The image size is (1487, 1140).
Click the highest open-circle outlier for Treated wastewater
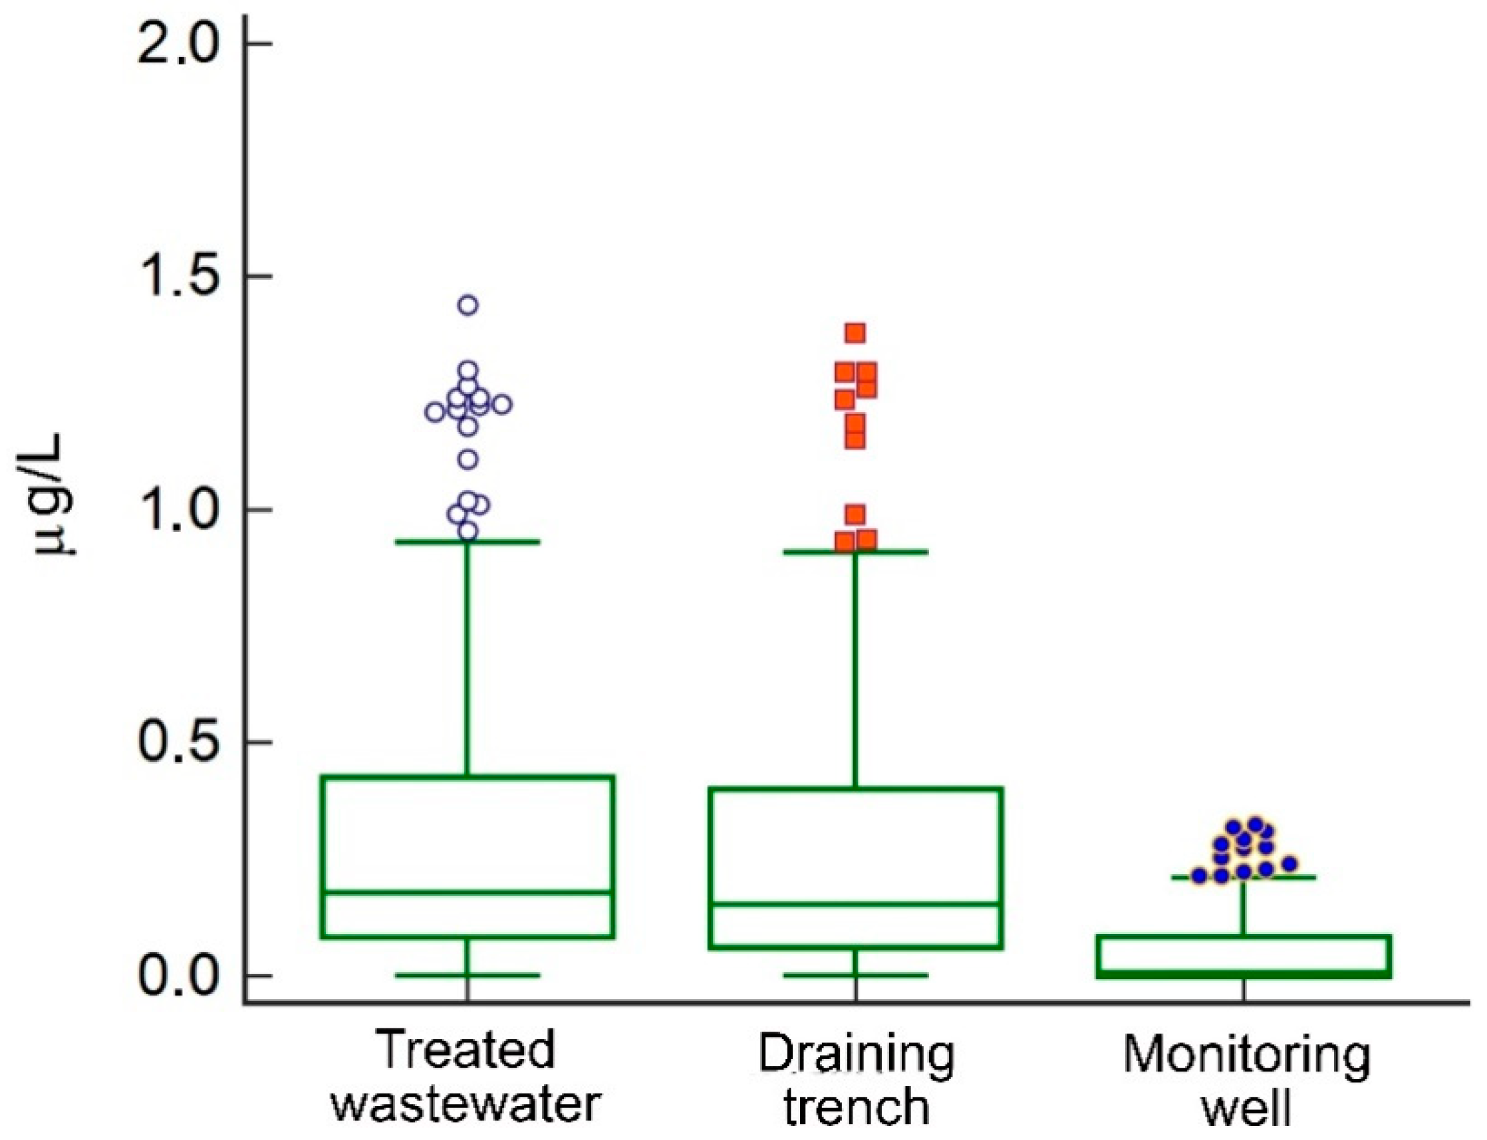[x=468, y=304]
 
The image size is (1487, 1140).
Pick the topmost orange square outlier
[x=855, y=332]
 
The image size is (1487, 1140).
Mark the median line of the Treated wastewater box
[x=468, y=893]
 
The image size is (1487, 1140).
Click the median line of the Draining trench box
[x=856, y=904]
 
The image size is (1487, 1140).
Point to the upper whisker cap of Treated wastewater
[x=468, y=542]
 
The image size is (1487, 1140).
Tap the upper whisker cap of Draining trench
[x=856, y=552]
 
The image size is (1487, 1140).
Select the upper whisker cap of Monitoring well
[x=1244, y=877]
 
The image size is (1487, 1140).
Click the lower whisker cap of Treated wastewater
[x=468, y=975]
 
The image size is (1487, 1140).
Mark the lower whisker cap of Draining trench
[x=856, y=975]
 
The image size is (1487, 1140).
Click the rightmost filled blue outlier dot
[x=1289, y=864]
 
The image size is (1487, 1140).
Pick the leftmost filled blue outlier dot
[x=1199, y=875]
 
